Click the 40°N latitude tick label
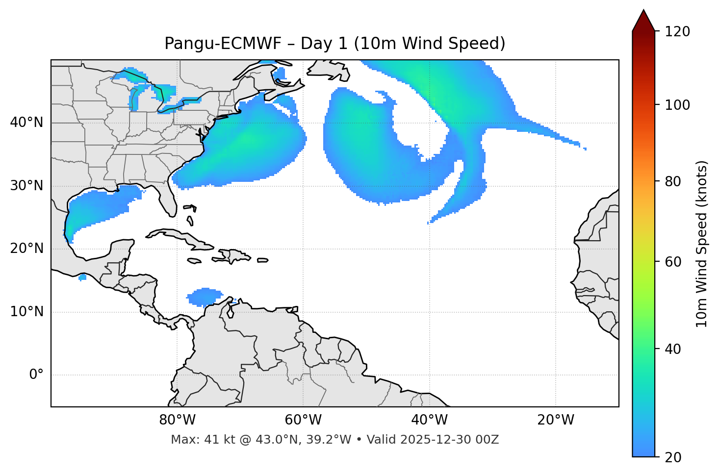tap(26, 123)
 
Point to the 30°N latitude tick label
tap(26, 186)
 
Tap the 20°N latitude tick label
tap(26, 249)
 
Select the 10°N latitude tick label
tap(26, 312)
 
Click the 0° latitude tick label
tap(36, 375)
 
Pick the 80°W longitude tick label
tap(177, 420)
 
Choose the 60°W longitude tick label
tap(303, 420)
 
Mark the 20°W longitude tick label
tap(556, 420)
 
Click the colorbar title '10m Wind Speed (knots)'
tap(702, 244)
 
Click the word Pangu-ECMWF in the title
tap(223, 44)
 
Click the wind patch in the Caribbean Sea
tap(205, 297)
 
